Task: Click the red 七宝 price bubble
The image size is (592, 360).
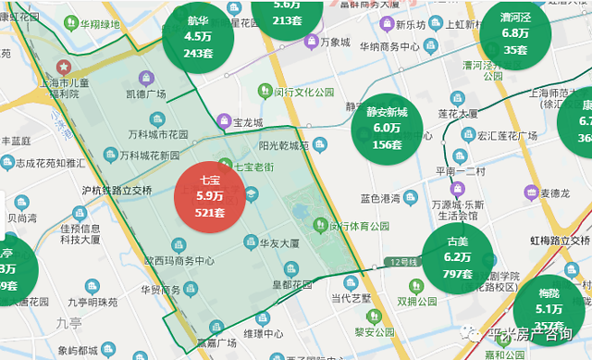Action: (211, 197)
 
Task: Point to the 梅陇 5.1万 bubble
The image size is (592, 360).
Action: (549, 308)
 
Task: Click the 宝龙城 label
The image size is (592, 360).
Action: (246, 121)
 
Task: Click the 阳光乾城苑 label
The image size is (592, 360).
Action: (282, 145)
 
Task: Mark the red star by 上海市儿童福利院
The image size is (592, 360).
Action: (64, 68)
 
